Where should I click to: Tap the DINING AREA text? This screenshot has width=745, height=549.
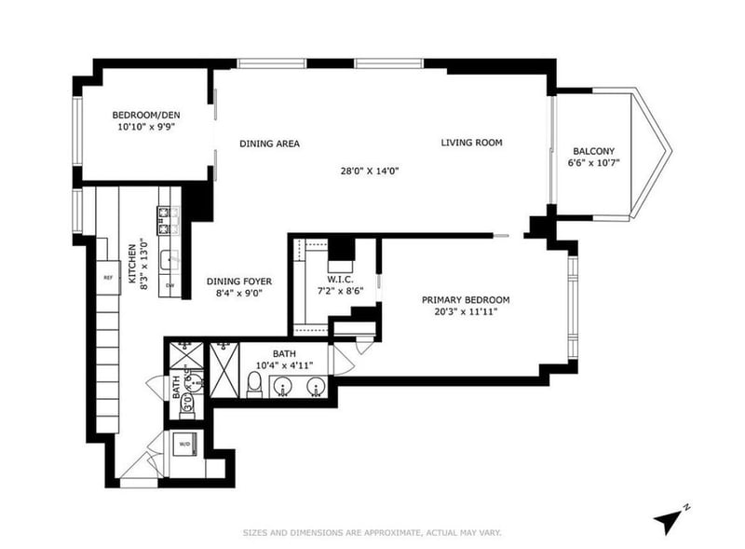click(269, 144)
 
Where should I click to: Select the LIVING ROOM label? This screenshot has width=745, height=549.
click(471, 143)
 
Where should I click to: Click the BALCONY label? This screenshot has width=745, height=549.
click(593, 151)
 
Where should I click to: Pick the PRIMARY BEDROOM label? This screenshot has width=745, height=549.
click(466, 299)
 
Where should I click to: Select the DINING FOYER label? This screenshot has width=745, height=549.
click(238, 281)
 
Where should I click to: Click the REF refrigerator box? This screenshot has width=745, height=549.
click(108, 278)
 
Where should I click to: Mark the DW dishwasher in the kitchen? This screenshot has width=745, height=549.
click(169, 285)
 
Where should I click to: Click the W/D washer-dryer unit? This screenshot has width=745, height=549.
click(185, 445)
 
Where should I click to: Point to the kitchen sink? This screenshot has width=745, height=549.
click(169, 259)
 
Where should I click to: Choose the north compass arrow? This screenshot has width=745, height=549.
click(669, 518)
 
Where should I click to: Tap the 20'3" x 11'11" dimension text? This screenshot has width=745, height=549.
click(466, 312)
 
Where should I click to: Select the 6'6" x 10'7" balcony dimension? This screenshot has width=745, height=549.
click(593, 164)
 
